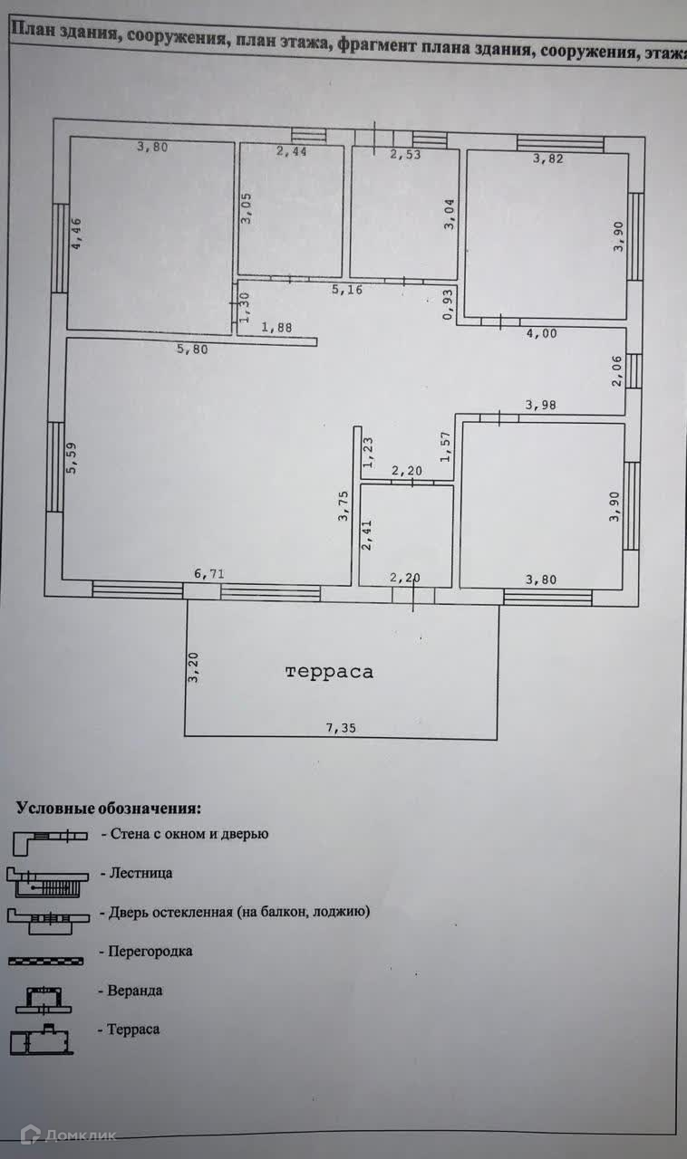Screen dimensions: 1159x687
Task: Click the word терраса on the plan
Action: (x=329, y=672)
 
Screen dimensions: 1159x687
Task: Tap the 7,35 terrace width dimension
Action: (x=341, y=728)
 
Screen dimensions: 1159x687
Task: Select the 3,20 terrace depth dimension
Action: (x=193, y=667)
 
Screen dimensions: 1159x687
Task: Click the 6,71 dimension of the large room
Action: (x=209, y=573)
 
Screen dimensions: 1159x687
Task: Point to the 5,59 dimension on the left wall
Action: (x=73, y=456)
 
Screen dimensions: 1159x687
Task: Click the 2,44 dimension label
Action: (x=292, y=152)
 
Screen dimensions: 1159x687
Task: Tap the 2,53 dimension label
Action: (x=406, y=155)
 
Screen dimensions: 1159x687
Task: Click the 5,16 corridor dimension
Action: (x=347, y=291)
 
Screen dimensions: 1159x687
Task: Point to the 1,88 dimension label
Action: (x=276, y=328)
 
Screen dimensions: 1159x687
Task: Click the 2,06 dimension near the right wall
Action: (x=617, y=371)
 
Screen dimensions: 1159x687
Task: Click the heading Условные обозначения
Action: (x=109, y=808)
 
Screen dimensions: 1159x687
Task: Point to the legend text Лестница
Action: (x=140, y=874)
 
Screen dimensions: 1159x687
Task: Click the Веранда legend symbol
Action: (x=45, y=999)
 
